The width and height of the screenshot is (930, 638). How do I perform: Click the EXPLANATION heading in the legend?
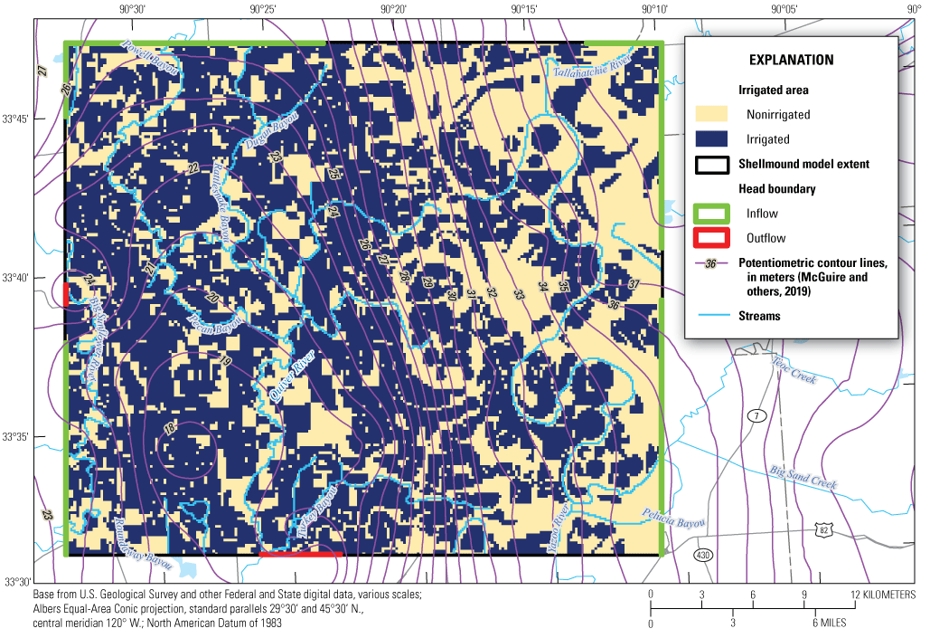tap(791, 61)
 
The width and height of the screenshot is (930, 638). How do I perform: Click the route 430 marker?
tap(702, 554)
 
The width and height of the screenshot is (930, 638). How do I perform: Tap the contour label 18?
tap(169, 427)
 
